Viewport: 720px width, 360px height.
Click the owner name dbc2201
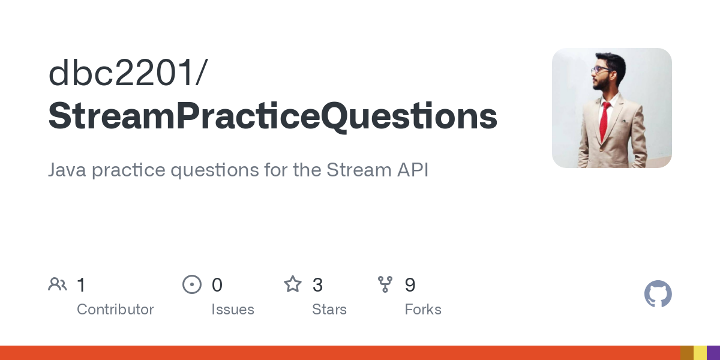coord(123,73)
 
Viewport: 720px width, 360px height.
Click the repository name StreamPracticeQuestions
coord(272,116)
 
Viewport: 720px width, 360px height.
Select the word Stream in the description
coord(353,170)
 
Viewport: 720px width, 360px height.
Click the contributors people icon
coord(58,284)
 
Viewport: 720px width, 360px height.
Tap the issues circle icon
coord(191,284)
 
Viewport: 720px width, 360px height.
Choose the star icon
coord(293,284)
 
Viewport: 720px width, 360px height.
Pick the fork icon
coord(385,284)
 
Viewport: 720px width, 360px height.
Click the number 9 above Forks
coord(410,285)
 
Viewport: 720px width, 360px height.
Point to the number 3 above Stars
coord(317,285)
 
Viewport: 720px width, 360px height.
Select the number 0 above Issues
coord(217,285)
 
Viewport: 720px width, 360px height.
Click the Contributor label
coord(115,310)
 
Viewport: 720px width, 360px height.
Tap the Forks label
coord(423,310)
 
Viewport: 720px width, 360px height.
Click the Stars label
coord(329,310)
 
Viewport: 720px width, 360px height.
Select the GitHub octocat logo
coord(658,294)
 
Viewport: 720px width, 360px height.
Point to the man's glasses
coord(600,70)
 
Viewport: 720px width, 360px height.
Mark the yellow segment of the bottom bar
coord(700,353)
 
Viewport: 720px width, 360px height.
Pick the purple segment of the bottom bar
coord(713,353)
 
